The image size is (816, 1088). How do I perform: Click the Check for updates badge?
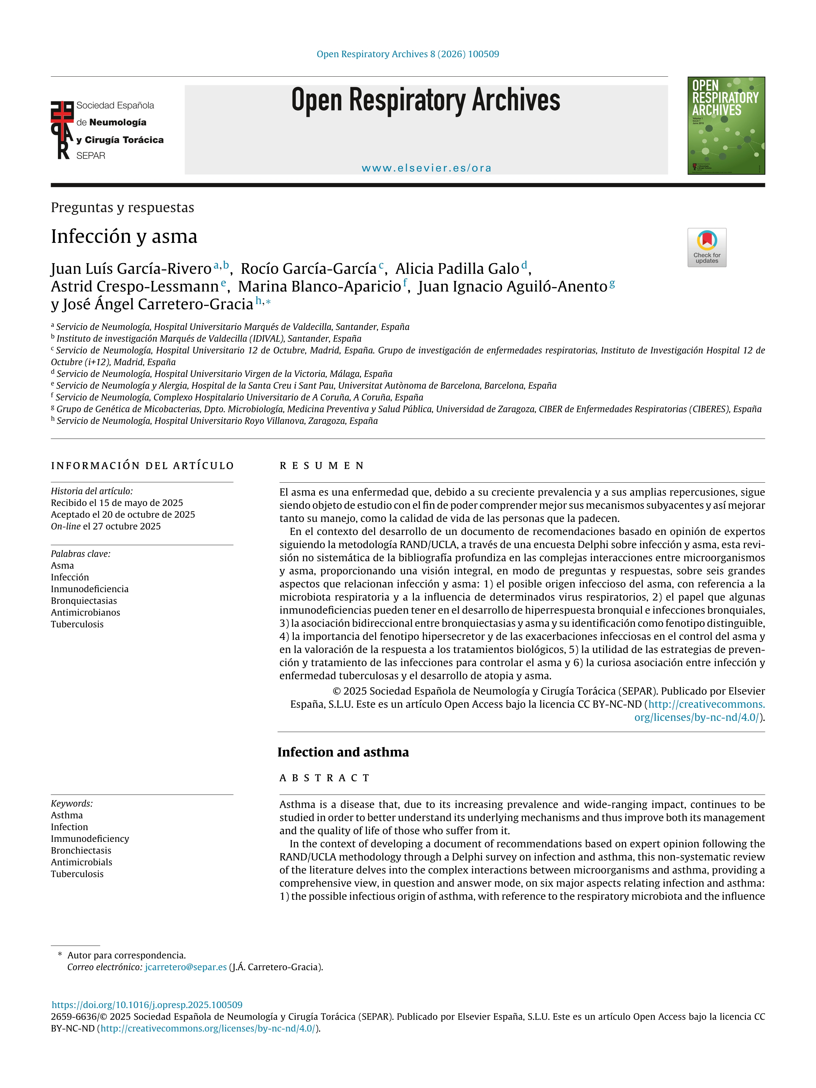click(706, 247)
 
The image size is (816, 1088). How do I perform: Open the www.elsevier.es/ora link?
click(426, 168)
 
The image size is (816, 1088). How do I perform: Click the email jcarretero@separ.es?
click(186, 967)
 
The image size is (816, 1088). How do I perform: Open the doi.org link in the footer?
click(147, 1005)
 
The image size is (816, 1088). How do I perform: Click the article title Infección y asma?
click(124, 237)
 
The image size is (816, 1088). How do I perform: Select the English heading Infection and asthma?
click(343, 752)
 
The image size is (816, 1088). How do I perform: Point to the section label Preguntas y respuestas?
click(122, 208)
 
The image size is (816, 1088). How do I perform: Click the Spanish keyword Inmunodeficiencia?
click(89, 589)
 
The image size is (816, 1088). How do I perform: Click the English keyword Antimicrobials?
click(82, 862)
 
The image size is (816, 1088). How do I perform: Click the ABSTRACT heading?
click(325, 778)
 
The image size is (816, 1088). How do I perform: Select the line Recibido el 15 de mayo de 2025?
click(117, 503)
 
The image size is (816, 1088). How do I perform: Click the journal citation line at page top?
click(408, 54)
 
